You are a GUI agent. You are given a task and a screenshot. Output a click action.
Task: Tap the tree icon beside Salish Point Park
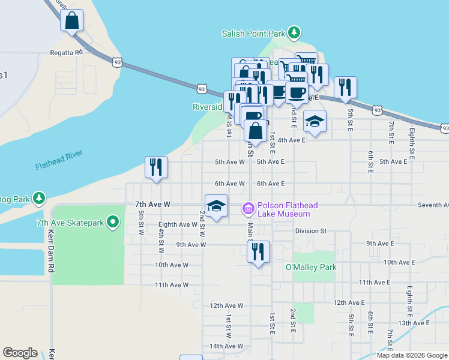point(294,32)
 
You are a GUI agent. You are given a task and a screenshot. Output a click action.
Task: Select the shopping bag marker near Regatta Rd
point(72,20)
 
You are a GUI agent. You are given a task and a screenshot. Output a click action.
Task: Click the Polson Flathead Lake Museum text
point(284,209)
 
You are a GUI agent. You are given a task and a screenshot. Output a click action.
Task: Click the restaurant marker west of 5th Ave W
point(156,167)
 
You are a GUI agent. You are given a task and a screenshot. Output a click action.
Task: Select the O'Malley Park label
point(311,267)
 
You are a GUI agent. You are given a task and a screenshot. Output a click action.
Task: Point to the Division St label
point(310,230)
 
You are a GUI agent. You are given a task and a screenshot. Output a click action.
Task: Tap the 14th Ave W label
point(226,346)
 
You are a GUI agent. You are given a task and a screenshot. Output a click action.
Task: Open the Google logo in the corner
point(20,353)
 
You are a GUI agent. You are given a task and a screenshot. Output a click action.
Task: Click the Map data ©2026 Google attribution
point(412,355)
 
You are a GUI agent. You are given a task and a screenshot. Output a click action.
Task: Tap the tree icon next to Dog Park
point(39,197)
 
